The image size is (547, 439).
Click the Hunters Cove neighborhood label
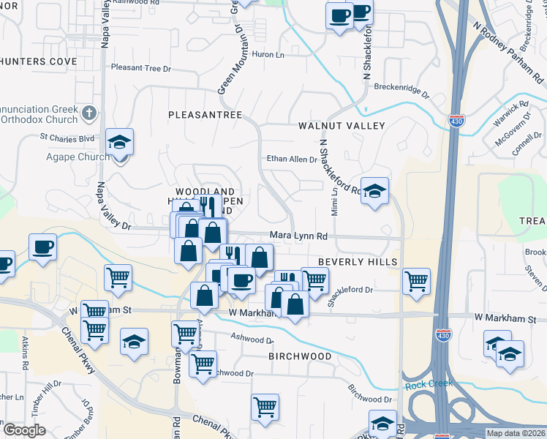pos(38,61)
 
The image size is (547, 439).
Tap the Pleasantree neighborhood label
pos(205,115)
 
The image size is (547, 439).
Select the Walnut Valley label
pos(342,126)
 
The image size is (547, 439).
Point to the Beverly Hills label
pos(358,262)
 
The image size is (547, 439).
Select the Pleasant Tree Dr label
pos(140,68)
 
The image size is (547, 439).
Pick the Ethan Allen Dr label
pos(291,159)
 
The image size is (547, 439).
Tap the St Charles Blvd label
pos(67,137)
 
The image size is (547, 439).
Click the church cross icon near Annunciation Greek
pos(89,113)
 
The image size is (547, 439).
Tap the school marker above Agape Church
pos(119,141)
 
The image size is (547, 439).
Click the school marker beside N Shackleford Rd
pos(375,191)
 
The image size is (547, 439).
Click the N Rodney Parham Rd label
pos(509,51)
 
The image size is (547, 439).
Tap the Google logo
pos(24,430)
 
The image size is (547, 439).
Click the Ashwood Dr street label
pos(252,339)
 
